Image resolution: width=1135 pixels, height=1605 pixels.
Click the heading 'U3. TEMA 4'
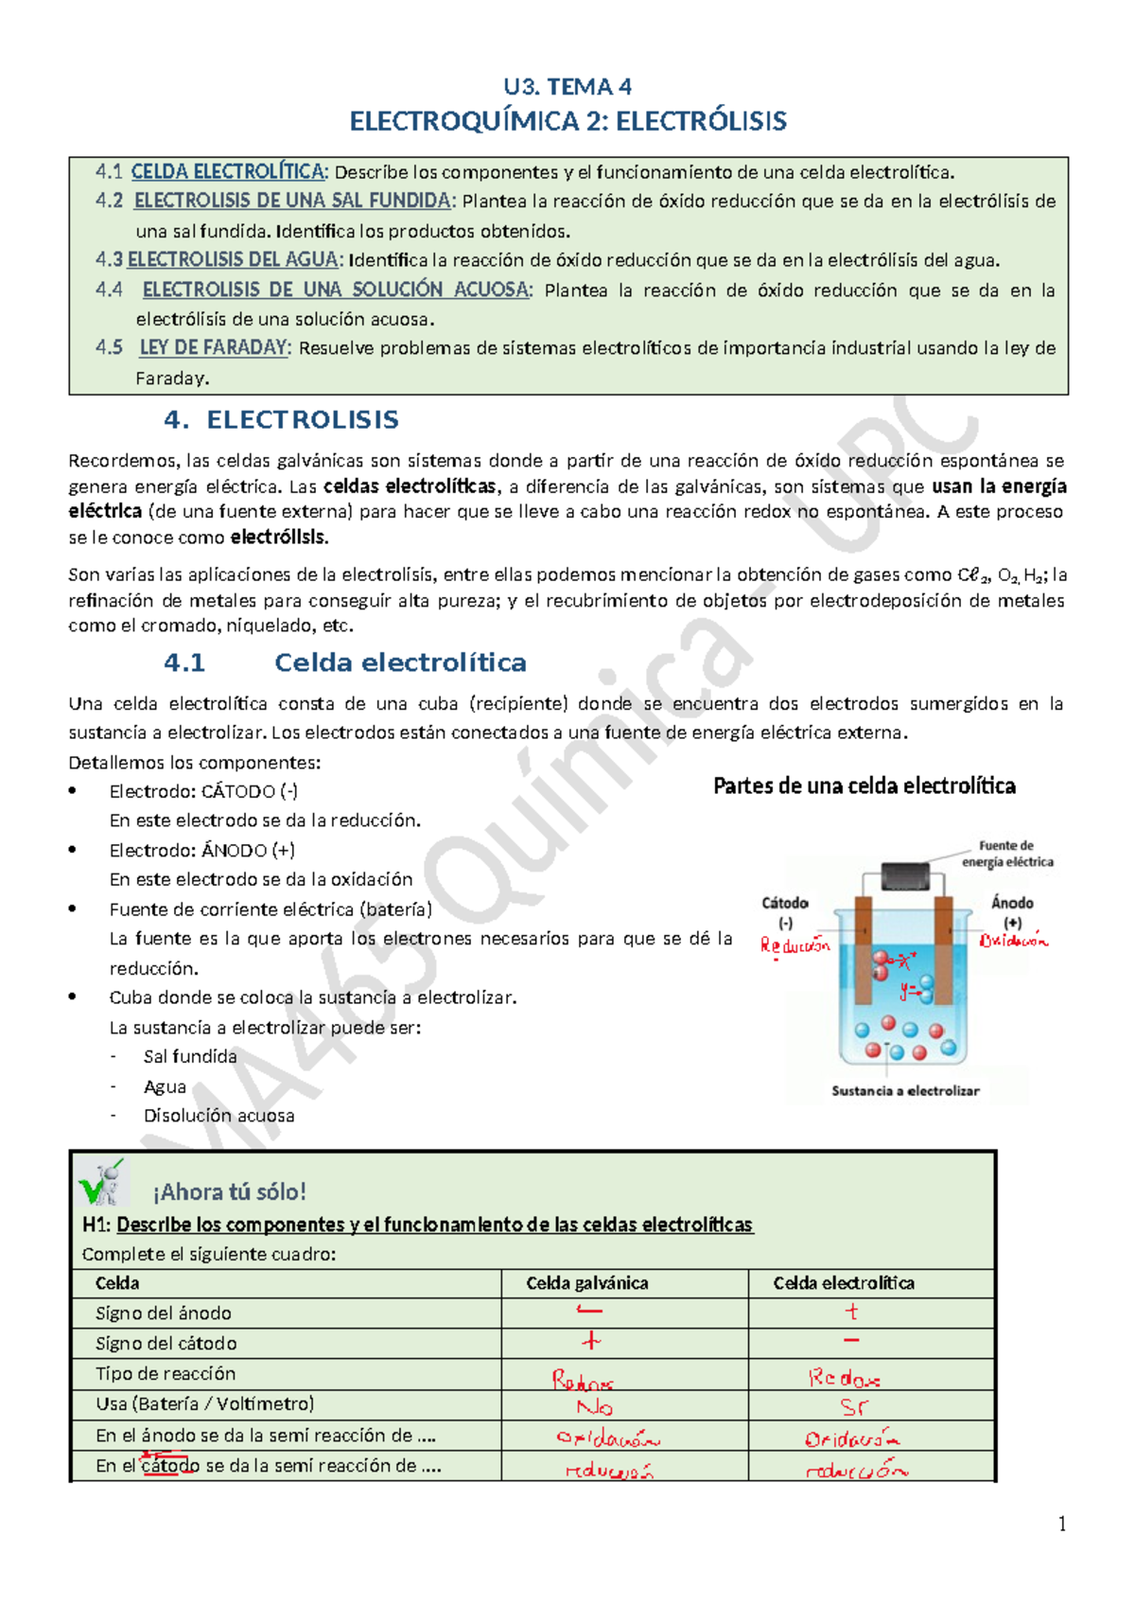567,87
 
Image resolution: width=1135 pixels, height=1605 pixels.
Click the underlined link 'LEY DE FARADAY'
214,347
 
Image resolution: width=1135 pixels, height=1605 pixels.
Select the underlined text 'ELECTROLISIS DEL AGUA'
234,259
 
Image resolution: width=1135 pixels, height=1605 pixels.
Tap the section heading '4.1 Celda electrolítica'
345,662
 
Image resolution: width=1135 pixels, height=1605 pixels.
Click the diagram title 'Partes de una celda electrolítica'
864,785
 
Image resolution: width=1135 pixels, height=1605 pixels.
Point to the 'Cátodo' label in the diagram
785,903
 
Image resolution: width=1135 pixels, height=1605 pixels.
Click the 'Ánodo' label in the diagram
1012,903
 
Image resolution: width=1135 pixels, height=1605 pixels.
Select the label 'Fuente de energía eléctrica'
1006,854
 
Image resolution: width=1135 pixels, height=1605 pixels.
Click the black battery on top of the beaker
905,876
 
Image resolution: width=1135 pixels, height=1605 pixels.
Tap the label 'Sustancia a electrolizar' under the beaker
905,1090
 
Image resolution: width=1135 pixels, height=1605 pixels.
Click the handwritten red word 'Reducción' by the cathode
794,944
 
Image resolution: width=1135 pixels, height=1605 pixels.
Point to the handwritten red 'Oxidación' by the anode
1014,941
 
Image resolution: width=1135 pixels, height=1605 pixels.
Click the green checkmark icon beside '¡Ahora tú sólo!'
102,1183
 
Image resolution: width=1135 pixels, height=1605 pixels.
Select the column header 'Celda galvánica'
587,1283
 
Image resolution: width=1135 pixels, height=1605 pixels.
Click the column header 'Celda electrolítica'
844,1283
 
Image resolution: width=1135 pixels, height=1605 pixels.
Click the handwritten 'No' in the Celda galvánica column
595,1407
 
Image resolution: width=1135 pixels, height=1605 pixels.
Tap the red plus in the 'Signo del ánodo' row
851,1312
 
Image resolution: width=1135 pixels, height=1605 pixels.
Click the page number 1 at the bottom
1062,1524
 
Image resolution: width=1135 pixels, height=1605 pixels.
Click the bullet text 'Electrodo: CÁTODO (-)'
203,791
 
